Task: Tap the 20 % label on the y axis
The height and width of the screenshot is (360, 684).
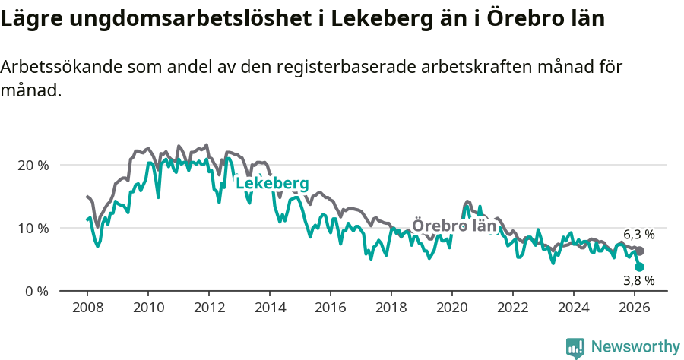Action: (33, 165)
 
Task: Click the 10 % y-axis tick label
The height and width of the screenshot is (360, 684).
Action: (33, 228)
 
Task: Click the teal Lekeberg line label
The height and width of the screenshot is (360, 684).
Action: (272, 184)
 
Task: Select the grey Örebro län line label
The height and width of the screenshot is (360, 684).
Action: (454, 226)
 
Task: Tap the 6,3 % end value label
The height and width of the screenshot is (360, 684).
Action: (638, 235)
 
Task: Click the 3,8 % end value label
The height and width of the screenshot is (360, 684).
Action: (638, 280)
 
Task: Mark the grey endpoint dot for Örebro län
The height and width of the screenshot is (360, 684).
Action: (640, 251)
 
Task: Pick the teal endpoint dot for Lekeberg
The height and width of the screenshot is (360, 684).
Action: (640, 267)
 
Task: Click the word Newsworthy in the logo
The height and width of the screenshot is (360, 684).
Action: (635, 346)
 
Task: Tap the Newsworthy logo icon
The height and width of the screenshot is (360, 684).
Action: (575, 347)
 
